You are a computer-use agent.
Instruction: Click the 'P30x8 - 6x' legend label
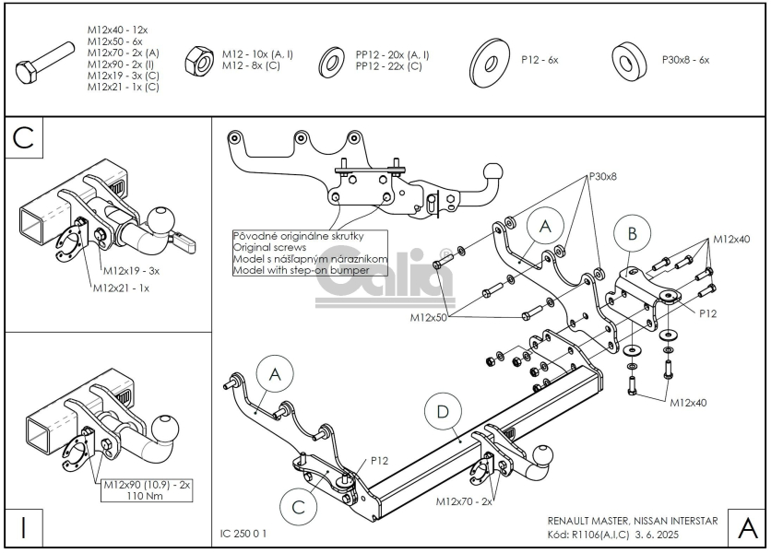[685, 60]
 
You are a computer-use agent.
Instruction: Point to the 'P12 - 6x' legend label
[540, 60]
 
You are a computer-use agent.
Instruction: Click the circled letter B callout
[632, 234]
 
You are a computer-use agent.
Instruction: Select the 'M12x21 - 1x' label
[121, 288]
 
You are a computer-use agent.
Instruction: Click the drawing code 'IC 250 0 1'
[245, 533]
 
